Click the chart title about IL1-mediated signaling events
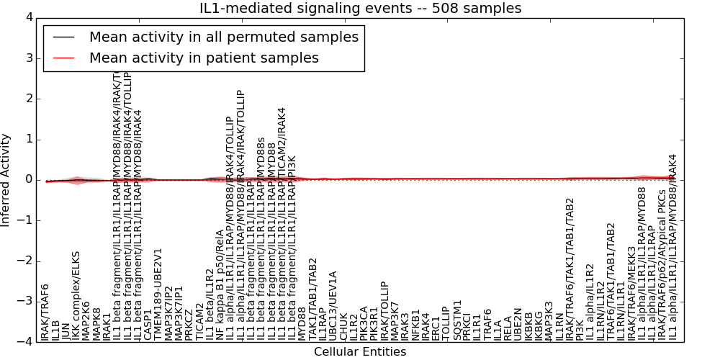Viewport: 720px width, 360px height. click(x=360, y=8)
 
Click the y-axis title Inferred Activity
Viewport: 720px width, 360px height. click(x=6, y=180)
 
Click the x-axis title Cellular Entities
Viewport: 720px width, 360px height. click(x=360, y=352)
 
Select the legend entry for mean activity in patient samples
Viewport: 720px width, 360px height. click(x=204, y=58)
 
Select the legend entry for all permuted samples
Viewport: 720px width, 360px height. click(x=223, y=37)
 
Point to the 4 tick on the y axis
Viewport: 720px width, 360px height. click(x=28, y=17)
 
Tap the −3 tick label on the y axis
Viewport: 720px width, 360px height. click(x=25, y=302)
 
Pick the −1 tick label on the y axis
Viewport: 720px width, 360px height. click(x=25, y=220)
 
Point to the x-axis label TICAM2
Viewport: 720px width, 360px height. click(x=199, y=320)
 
